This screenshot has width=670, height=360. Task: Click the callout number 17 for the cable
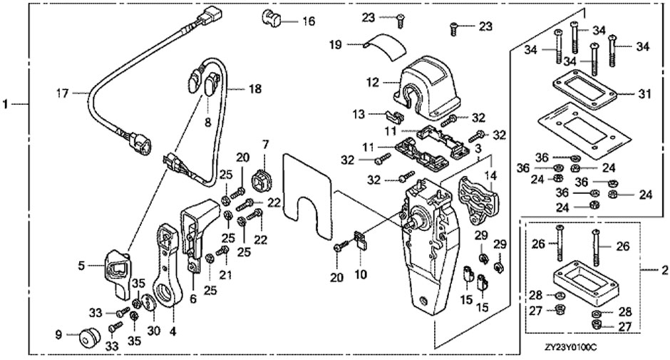63,92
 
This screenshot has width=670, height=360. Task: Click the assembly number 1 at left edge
6,105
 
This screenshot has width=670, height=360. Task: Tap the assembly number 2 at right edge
664,271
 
